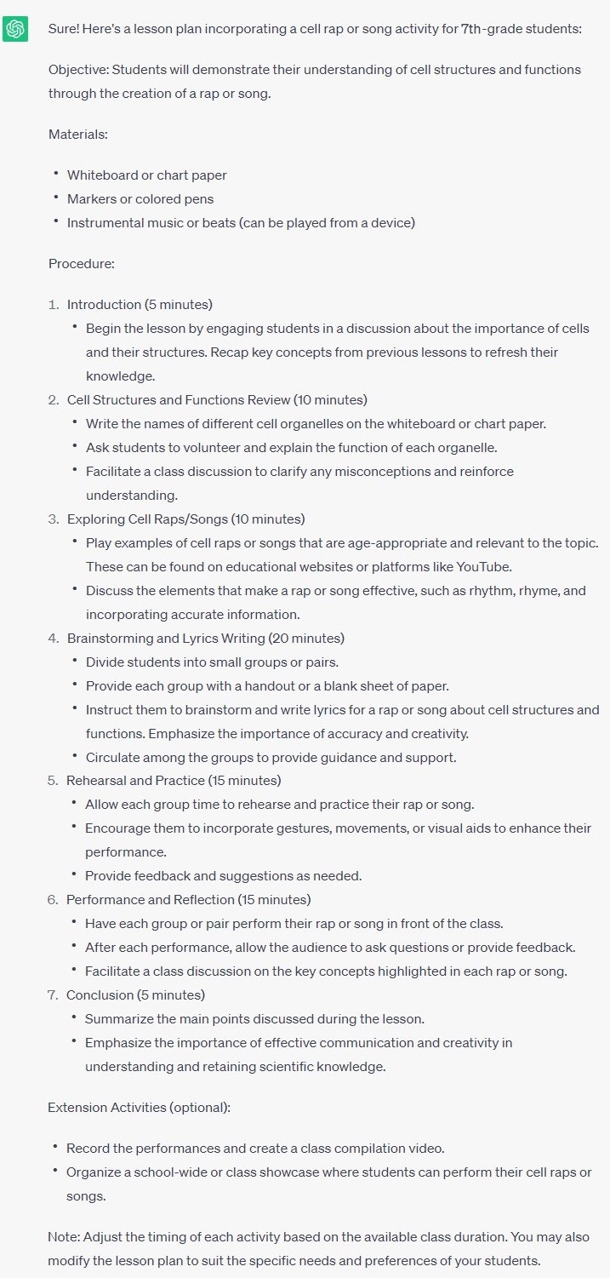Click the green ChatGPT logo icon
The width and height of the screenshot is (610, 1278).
point(14,28)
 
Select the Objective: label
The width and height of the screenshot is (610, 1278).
point(78,70)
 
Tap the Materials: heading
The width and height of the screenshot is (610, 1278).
point(78,135)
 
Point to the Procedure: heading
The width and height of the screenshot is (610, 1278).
point(82,264)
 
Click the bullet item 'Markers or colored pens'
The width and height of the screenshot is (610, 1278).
point(140,199)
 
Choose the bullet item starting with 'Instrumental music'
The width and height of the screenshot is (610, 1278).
point(241,223)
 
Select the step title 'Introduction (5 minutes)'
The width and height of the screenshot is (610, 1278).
point(140,305)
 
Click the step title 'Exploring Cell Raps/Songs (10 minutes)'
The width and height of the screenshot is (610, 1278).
point(185,519)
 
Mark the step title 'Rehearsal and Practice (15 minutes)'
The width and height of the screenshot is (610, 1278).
point(174,781)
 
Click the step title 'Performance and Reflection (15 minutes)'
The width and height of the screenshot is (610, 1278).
point(188,900)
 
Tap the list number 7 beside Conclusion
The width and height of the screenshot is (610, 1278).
point(53,995)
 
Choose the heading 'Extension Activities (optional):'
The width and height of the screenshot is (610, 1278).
point(140,1108)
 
